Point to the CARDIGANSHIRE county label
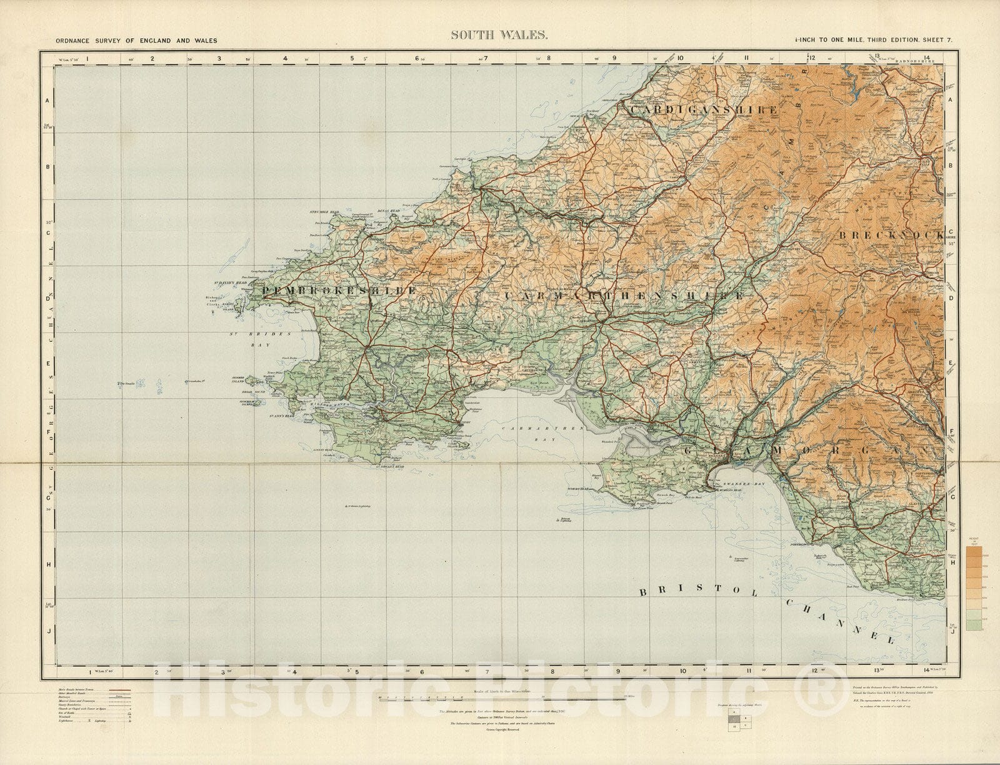coord(704,109)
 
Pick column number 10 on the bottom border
coord(683,672)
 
